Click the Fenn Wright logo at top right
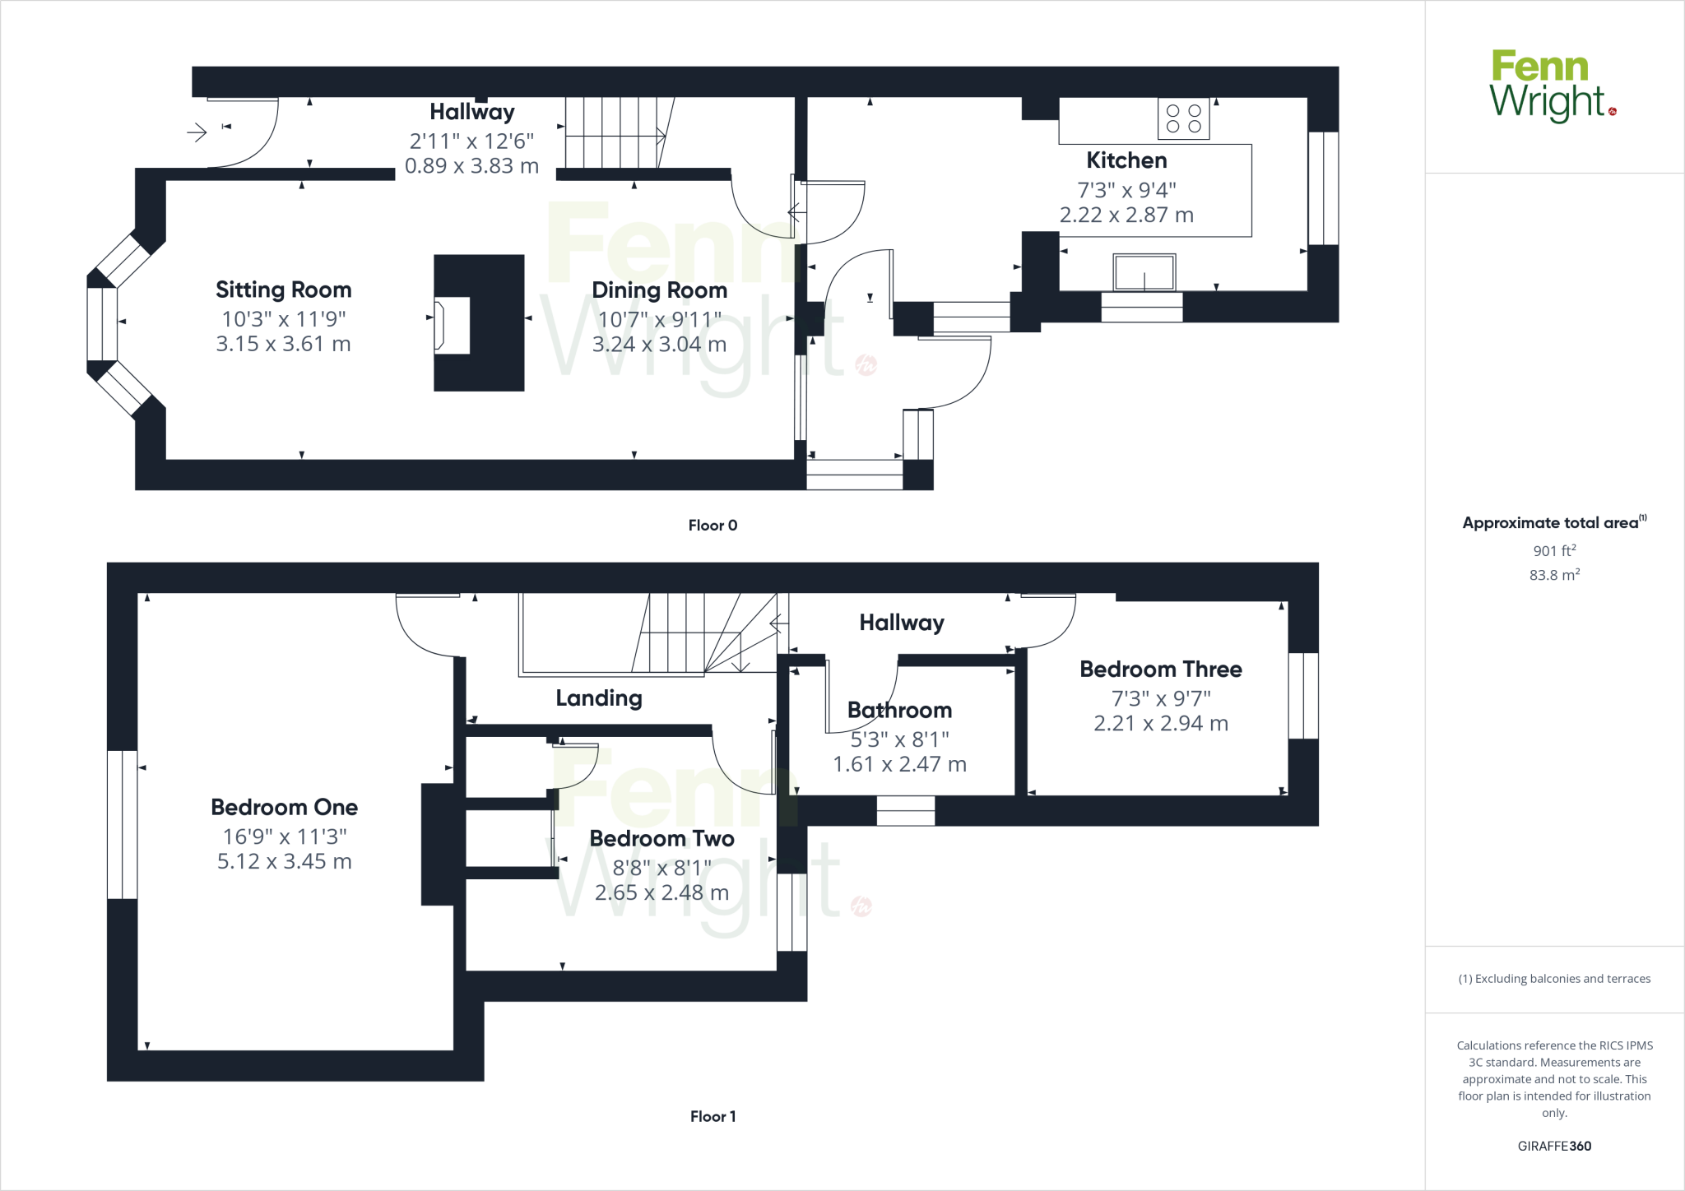(x=1552, y=86)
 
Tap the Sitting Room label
(x=283, y=290)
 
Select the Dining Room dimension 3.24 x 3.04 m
(x=659, y=344)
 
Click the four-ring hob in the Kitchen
(x=1183, y=118)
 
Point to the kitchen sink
(x=1144, y=272)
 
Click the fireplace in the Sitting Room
(x=453, y=325)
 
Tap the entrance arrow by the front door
(x=197, y=132)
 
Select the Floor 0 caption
(x=713, y=525)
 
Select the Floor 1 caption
(x=713, y=1116)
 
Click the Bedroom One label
(x=284, y=807)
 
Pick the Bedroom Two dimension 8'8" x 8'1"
(x=661, y=867)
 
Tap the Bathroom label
(x=899, y=710)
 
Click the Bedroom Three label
(x=1160, y=669)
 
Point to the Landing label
(x=598, y=697)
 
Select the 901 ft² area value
(x=1553, y=550)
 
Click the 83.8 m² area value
(x=1553, y=575)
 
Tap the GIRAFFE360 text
(x=1553, y=1146)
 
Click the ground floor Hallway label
(x=471, y=111)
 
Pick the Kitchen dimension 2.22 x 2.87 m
(x=1126, y=215)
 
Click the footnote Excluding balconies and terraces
(x=1553, y=979)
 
